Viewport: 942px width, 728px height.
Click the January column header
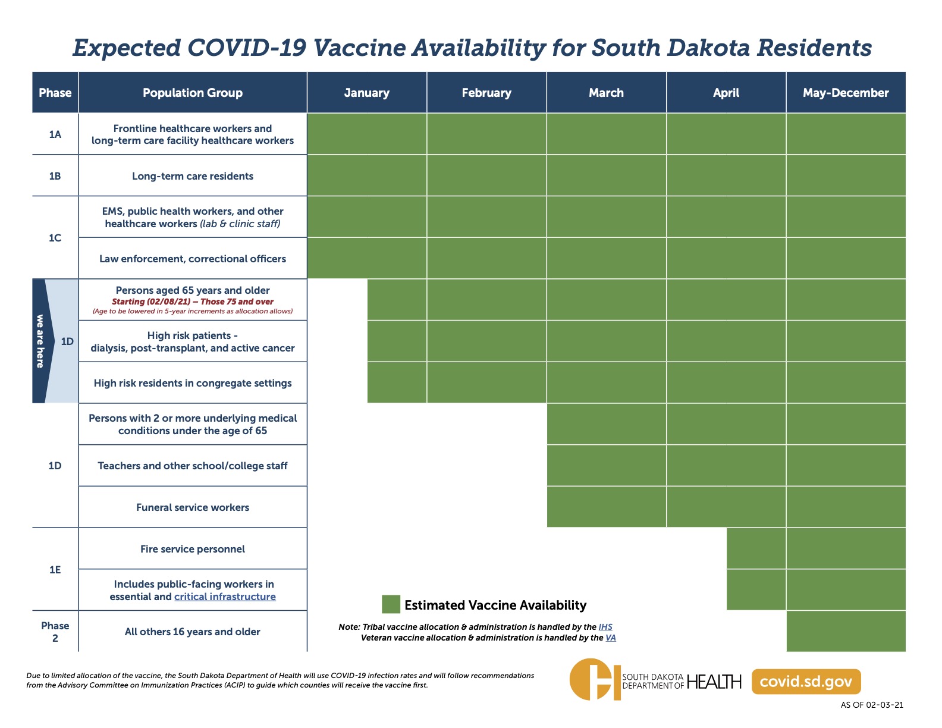click(x=366, y=93)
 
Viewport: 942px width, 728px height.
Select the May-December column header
click(x=845, y=93)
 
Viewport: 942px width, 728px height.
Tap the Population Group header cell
click(x=193, y=93)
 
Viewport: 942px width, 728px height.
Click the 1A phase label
click(x=55, y=134)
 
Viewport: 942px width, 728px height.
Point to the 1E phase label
click(x=55, y=570)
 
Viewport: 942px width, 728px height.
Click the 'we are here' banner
click(x=40, y=341)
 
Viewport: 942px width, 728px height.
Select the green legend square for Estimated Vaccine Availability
click(x=391, y=604)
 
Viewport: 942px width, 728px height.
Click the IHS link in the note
click(x=605, y=627)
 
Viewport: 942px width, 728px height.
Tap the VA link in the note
click(x=610, y=638)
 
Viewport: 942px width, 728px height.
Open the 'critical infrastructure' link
click(x=225, y=597)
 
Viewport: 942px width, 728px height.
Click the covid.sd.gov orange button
click(x=806, y=682)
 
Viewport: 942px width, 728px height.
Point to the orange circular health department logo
click(x=595, y=679)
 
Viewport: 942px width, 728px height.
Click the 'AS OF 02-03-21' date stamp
click(x=872, y=705)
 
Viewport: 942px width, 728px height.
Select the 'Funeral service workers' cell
click(x=193, y=507)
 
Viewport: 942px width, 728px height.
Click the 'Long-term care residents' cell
click(x=193, y=176)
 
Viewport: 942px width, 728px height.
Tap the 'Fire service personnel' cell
click(x=193, y=549)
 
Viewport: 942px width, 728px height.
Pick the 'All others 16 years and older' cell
click(x=193, y=632)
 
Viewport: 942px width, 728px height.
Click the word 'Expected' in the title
click(x=127, y=48)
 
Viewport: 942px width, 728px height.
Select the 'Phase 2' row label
click(x=55, y=632)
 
